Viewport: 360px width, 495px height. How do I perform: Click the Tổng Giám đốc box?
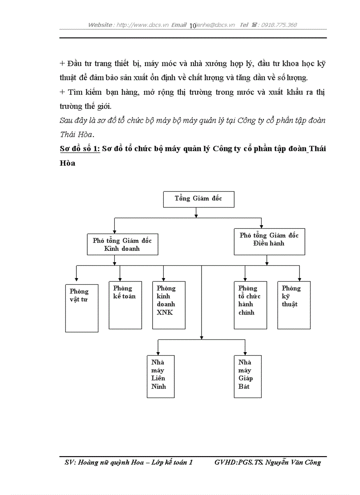pos(199,199)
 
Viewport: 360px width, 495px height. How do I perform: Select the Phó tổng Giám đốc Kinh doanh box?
pos(122,244)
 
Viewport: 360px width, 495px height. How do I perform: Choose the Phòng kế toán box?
pos(125,305)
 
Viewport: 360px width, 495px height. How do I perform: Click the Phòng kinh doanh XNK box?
pos(169,305)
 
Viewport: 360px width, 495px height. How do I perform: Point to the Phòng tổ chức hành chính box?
pos(250,305)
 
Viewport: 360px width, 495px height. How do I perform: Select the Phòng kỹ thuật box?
pos(294,305)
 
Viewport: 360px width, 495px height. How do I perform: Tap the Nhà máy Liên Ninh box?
pos(161,376)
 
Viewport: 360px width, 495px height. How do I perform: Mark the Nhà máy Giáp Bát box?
pos(248,376)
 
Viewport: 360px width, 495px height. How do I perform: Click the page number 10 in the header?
pos(192,26)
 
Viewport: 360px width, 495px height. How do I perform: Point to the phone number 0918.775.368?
pos(279,25)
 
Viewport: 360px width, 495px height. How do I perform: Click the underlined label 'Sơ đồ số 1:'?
pos(80,149)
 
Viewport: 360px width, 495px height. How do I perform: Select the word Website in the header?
pos(100,25)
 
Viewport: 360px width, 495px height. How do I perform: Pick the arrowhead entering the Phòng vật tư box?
pos(76,279)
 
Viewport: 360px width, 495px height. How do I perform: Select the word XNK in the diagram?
pos(164,313)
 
